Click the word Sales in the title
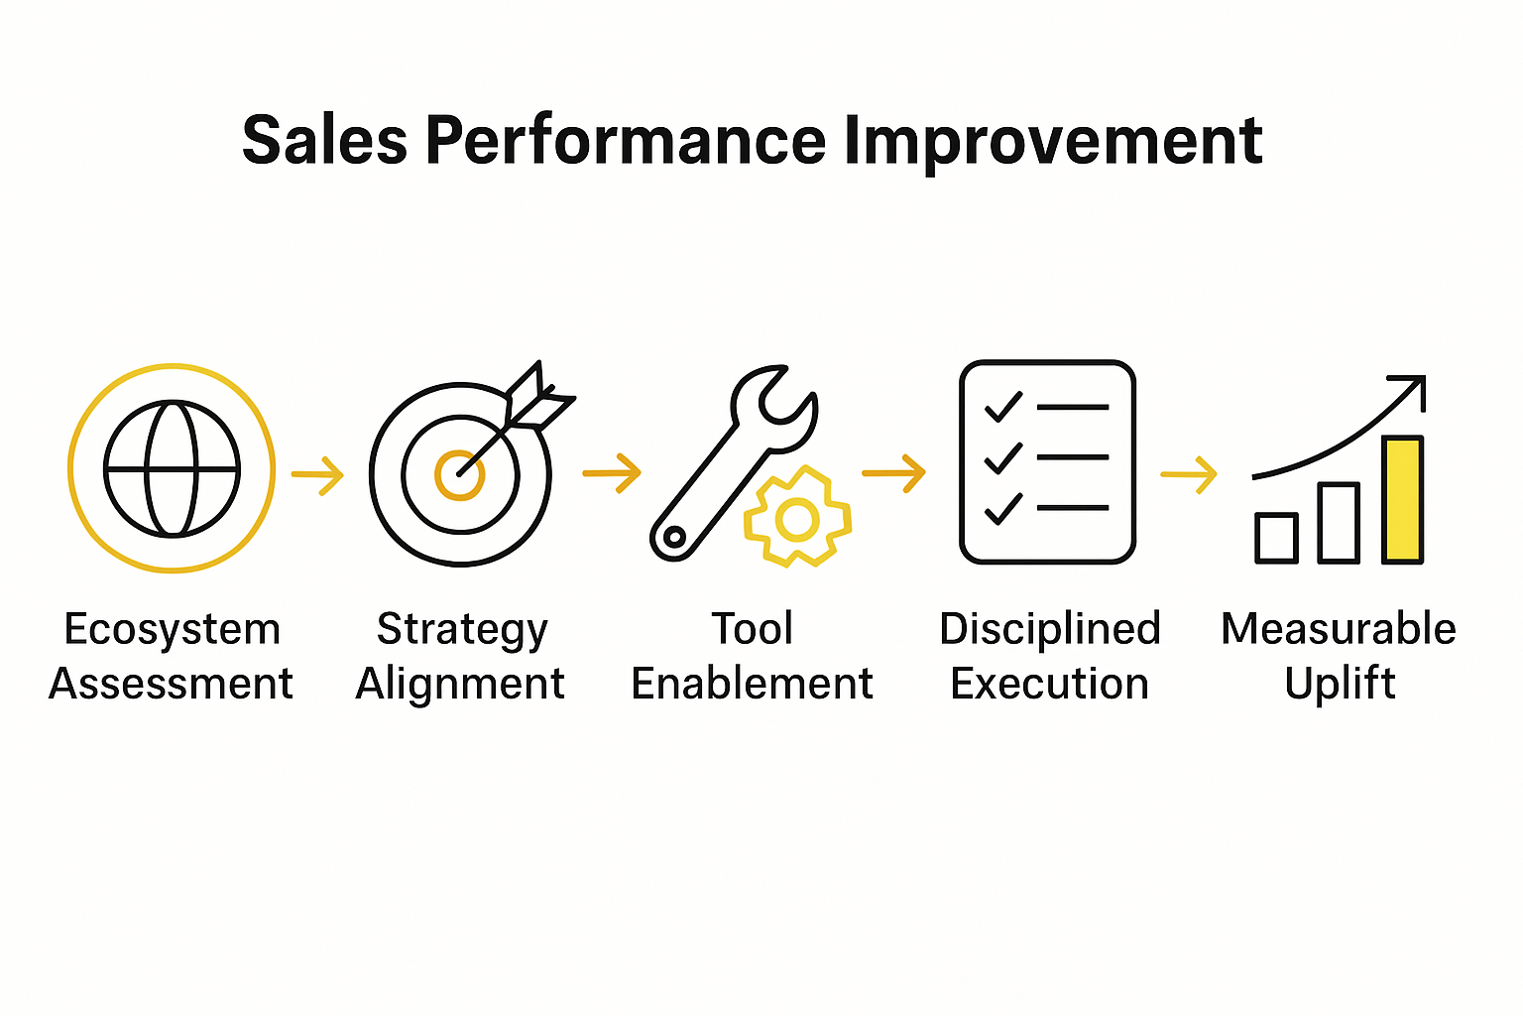324,140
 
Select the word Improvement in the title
1052,140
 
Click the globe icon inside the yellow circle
172,468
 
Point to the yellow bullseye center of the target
459,475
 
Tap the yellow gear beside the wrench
797,518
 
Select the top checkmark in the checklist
1002,406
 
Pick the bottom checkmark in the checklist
1002,508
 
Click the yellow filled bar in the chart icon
1402,499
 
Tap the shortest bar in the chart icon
1276,538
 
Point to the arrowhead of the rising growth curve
1413,388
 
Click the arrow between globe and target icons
317,475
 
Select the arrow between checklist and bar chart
1188,474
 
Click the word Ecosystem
173,629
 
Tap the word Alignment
460,684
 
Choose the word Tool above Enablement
752,629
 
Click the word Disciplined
1049,629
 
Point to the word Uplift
1340,684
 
